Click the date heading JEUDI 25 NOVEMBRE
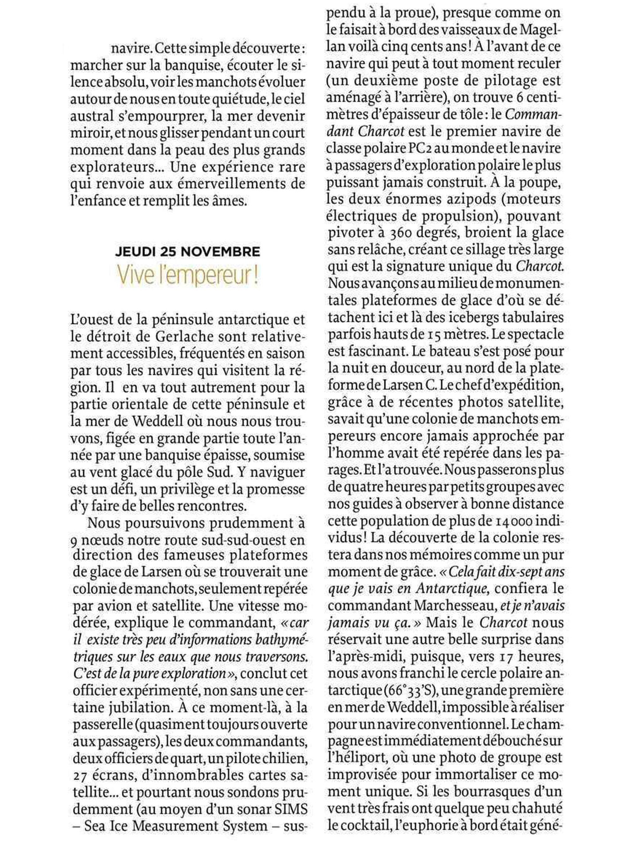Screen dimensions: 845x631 [188, 252]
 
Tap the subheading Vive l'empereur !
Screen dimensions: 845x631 [188, 277]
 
